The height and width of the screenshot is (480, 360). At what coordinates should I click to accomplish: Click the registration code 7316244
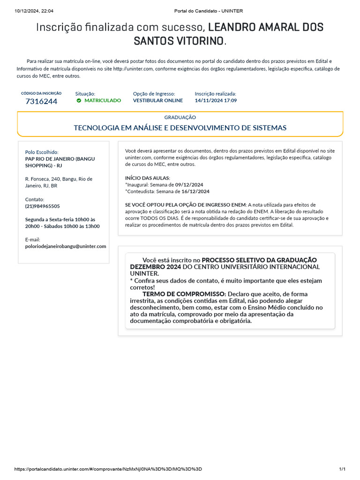point(41,101)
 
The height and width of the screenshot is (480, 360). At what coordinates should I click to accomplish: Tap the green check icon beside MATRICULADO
point(79,100)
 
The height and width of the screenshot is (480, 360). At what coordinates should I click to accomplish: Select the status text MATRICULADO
point(102,100)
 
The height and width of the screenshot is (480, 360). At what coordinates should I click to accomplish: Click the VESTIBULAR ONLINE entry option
point(158,100)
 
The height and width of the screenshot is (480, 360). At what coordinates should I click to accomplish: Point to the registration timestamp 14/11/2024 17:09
point(216,100)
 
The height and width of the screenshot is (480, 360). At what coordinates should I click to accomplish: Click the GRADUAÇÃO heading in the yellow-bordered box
point(180,117)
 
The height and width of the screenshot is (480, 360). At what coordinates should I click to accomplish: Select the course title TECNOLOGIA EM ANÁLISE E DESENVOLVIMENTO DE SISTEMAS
point(180,127)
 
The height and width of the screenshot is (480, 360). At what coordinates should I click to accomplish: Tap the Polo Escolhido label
point(42,152)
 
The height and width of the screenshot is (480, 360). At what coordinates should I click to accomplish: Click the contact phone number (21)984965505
point(42,206)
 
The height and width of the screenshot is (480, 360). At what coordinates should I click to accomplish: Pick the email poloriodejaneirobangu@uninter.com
point(66,246)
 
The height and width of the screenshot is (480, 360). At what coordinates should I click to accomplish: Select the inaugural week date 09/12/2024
point(189,185)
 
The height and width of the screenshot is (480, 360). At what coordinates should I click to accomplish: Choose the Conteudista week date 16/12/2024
point(195,191)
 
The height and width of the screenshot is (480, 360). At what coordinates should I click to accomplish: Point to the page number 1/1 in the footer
point(342,469)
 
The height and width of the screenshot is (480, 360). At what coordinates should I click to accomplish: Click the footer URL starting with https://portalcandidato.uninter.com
point(108,469)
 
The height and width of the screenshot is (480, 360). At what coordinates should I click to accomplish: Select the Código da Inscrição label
point(41,93)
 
